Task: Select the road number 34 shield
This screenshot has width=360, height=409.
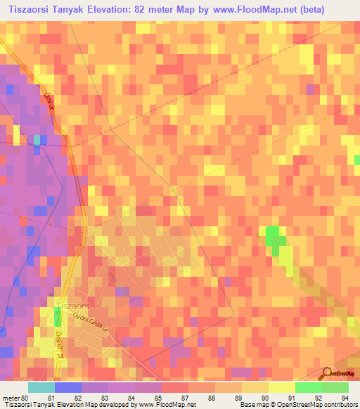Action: pos(60,356)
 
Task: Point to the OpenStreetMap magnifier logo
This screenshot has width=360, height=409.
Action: pos(327,373)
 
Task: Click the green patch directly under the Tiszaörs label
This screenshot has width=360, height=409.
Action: pos(58,318)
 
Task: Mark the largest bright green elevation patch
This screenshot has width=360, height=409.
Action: pos(274,236)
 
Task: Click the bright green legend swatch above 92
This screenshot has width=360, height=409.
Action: pos(308,387)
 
